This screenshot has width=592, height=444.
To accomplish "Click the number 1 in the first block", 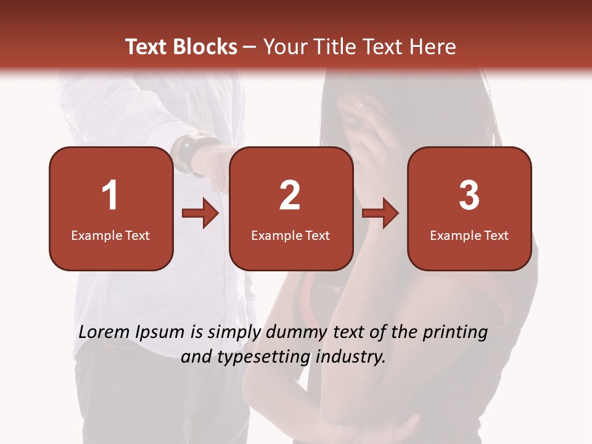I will point(110,195).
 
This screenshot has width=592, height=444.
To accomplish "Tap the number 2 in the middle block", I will point(290,195).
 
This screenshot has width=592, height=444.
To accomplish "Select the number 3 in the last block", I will point(469,195).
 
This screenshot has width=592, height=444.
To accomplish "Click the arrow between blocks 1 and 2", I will point(200,214).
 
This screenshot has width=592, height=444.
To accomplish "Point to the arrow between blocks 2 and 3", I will point(380,214).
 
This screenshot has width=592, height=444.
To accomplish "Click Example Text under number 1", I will point(110,236).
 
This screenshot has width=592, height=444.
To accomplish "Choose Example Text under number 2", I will point(290,236).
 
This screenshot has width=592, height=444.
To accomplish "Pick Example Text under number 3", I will point(469,236).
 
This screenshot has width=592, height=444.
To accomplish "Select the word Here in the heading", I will point(435,47).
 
